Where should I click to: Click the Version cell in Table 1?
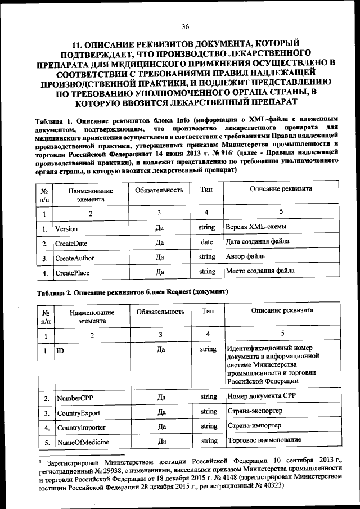tap(66, 228)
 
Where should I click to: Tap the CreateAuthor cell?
tap(74, 258)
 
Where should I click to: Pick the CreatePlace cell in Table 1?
tap(73, 272)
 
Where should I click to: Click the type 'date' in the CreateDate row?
tap(206, 242)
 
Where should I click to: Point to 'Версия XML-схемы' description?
tap(255, 227)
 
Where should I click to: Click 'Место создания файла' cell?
tap(260, 271)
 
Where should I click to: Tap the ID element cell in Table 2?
tap(60, 350)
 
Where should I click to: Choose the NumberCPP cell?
tap(74, 398)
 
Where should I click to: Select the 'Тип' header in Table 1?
tap(206, 190)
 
